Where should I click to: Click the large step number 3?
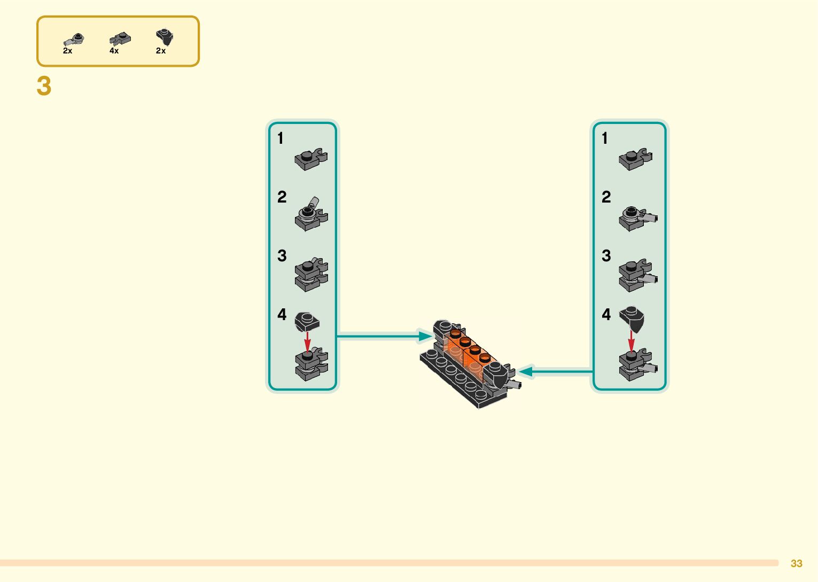pyautogui.click(x=44, y=86)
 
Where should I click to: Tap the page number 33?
pyautogui.click(x=796, y=563)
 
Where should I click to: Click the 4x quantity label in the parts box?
pyautogui.click(x=114, y=51)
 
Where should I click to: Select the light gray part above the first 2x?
pyautogui.click(x=73, y=40)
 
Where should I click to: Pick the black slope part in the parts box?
pyautogui.click(x=165, y=37)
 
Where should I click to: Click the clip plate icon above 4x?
pyautogui.click(x=120, y=38)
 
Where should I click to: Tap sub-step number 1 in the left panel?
pyautogui.click(x=280, y=138)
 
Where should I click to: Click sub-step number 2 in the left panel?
pyautogui.click(x=282, y=197)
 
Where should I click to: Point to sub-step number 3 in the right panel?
pyautogui.click(x=606, y=256)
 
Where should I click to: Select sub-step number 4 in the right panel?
pyautogui.click(x=606, y=314)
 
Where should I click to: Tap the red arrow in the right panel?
pyautogui.click(x=632, y=342)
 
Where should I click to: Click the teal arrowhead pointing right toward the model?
pyautogui.click(x=426, y=336)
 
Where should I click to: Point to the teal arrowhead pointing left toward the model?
pyautogui.click(x=526, y=371)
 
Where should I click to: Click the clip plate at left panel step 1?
pyautogui.click(x=311, y=159)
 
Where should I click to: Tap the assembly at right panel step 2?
pyautogui.click(x=638, y=219)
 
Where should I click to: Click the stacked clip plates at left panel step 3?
pyautogui.click(x=311, y=275)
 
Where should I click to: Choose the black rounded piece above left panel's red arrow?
pyautogui.click(x=307, y=322)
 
